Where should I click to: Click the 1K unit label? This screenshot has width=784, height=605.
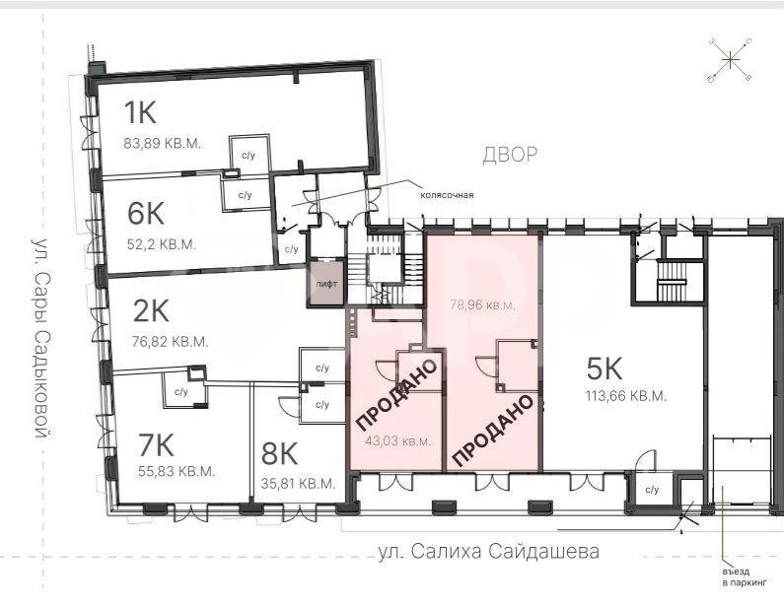click(x=140, y=112)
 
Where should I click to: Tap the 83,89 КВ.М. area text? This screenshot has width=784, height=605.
click(x=162, y=144)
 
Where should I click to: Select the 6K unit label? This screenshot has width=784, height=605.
click(x=146, y=213)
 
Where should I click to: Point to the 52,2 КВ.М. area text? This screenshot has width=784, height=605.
click(x=161, y=244)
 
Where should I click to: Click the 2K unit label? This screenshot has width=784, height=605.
click(x=151, y=310)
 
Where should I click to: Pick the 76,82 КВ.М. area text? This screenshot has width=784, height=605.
click(x=170, y=342)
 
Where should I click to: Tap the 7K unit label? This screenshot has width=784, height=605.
click(x=156, y=445)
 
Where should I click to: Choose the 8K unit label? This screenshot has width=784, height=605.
click(x=279, y=454)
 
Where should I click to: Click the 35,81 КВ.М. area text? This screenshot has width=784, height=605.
click(x=298, y=484)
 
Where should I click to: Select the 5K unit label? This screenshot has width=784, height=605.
click(x=605, y=370)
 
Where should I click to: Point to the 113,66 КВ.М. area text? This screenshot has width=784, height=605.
click(x=626, y=396)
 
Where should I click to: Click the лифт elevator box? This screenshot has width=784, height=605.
click(x=326, y=282)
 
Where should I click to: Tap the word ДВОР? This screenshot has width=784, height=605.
click(x=510, y=155)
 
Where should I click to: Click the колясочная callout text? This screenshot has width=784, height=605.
click(x=447, y=195)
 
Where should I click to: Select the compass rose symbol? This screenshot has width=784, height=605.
click(x=730, y=60)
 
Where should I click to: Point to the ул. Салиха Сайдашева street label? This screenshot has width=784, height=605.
click(x=489, y=552)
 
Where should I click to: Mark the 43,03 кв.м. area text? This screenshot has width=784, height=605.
click(x=398, y=441)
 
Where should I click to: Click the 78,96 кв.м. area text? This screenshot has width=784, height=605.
click(x=482, y=304)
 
